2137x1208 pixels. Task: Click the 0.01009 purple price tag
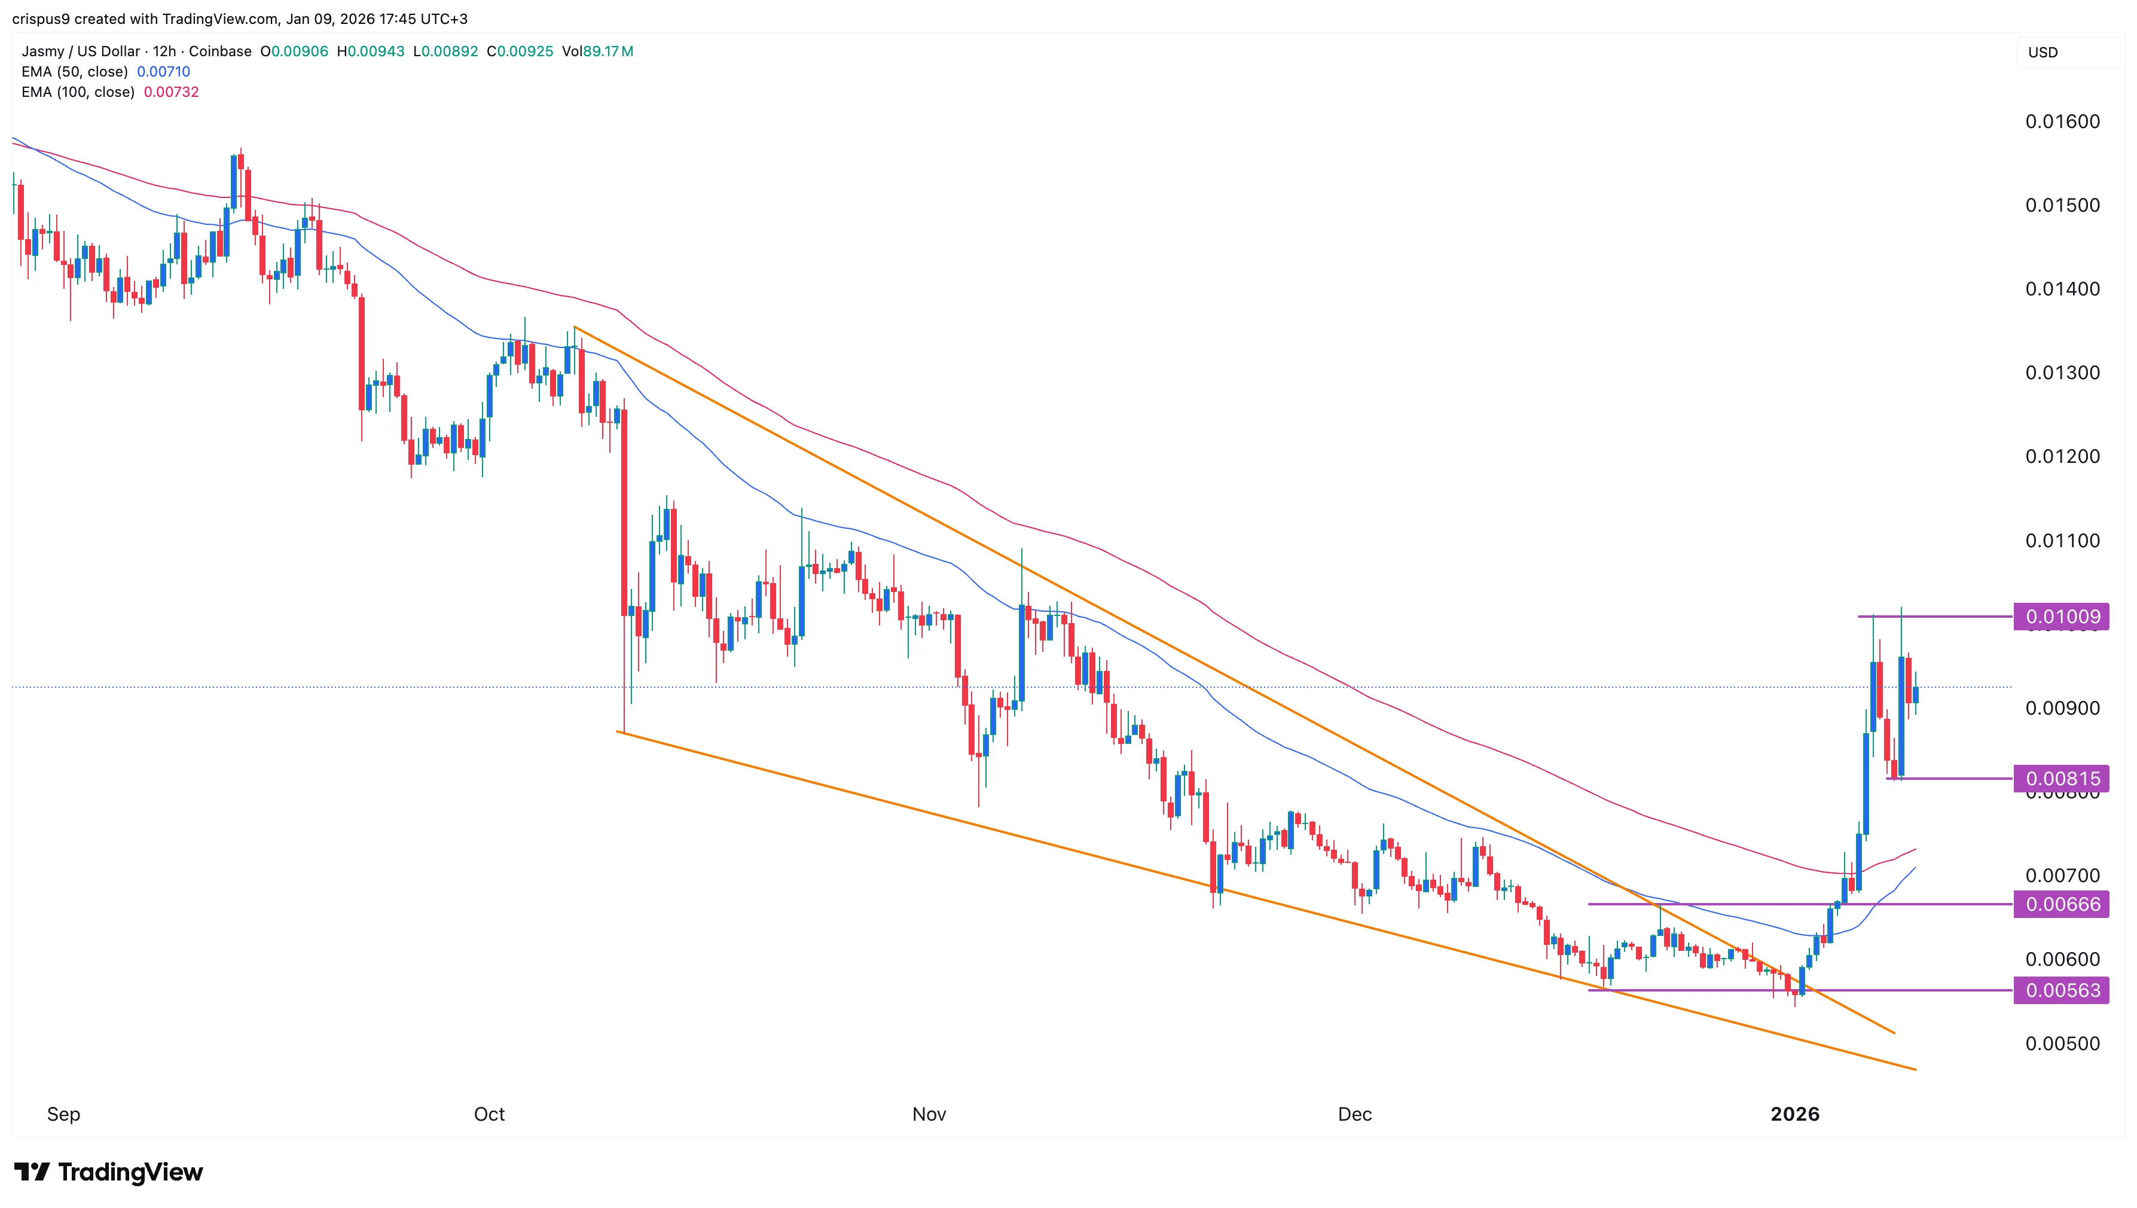coord(2062,617)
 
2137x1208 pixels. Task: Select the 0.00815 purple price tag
coord(2062,778)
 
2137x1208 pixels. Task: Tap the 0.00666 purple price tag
coord(2062,904)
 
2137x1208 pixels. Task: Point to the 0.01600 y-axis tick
coord(2062,122)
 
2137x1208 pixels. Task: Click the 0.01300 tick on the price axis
coord(2062,373)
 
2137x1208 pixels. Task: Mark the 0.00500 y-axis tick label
coord(2062,1043)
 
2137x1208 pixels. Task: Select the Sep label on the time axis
coord(64,1114)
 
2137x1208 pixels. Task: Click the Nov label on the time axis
coord(929,1114)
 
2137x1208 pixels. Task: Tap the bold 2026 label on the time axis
coord(1794,1114)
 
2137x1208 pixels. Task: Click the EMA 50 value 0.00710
coord(163,71)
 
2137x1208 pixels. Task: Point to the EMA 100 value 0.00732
coord(172,92)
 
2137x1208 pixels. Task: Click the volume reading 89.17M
coord(608,51)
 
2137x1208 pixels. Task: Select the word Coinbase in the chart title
coord(220,51)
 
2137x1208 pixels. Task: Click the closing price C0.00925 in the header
coord(520,51)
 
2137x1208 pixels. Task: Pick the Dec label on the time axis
coord(1355,1114)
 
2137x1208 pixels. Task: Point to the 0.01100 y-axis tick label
coord(2062,540)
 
